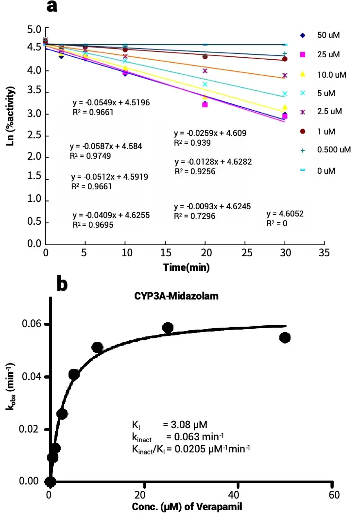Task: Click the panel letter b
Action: [x=62, y=283]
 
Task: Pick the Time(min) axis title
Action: [x=186, y=266]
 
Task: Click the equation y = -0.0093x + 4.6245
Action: [x=212, y=206]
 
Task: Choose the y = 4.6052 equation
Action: [x=285, y=214]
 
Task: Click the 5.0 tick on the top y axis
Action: [x=34, y=30]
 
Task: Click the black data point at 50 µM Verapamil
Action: [x=285, y=337]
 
